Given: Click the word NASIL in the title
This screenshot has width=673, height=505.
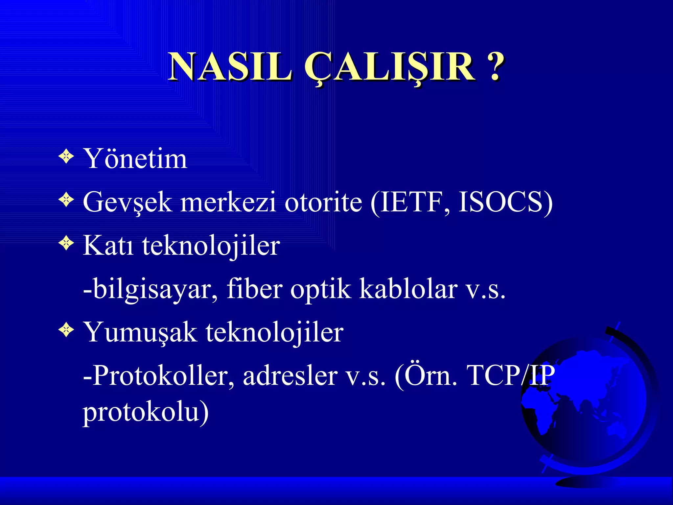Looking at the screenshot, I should (x=230, y=67).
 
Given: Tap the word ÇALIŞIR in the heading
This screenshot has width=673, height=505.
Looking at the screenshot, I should (x=389, y=67).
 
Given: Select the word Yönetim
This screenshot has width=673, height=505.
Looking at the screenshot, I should (x=135, y=159).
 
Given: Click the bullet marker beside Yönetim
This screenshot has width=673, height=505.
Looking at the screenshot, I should (x=66, y=156).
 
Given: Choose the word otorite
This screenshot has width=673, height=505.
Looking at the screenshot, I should (x=323, y=203).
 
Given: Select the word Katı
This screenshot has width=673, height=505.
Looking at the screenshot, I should (x=108, y=246).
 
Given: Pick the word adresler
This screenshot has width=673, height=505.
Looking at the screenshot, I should (x=290, y=376).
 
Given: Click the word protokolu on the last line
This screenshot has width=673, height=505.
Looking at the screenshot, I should (x=141, y=413).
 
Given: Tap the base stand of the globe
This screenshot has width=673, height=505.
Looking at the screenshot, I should (x=588, y=482).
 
